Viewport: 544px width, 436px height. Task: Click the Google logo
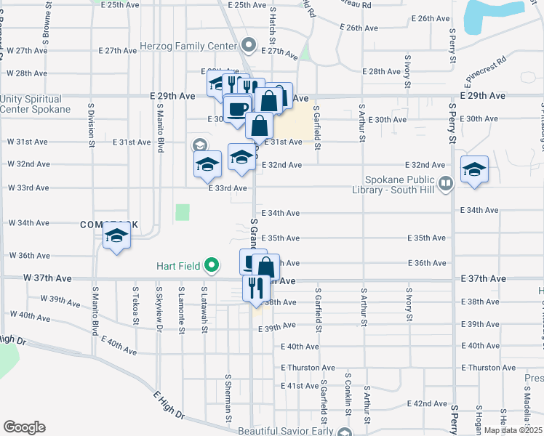pos(24,427)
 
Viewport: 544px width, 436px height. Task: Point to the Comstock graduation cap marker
pos(116,236)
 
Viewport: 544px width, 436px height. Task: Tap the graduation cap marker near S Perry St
pos(474,171)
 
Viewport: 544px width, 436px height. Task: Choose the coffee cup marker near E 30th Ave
pos(237,109)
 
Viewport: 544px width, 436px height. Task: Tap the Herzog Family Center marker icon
pos(249,45)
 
